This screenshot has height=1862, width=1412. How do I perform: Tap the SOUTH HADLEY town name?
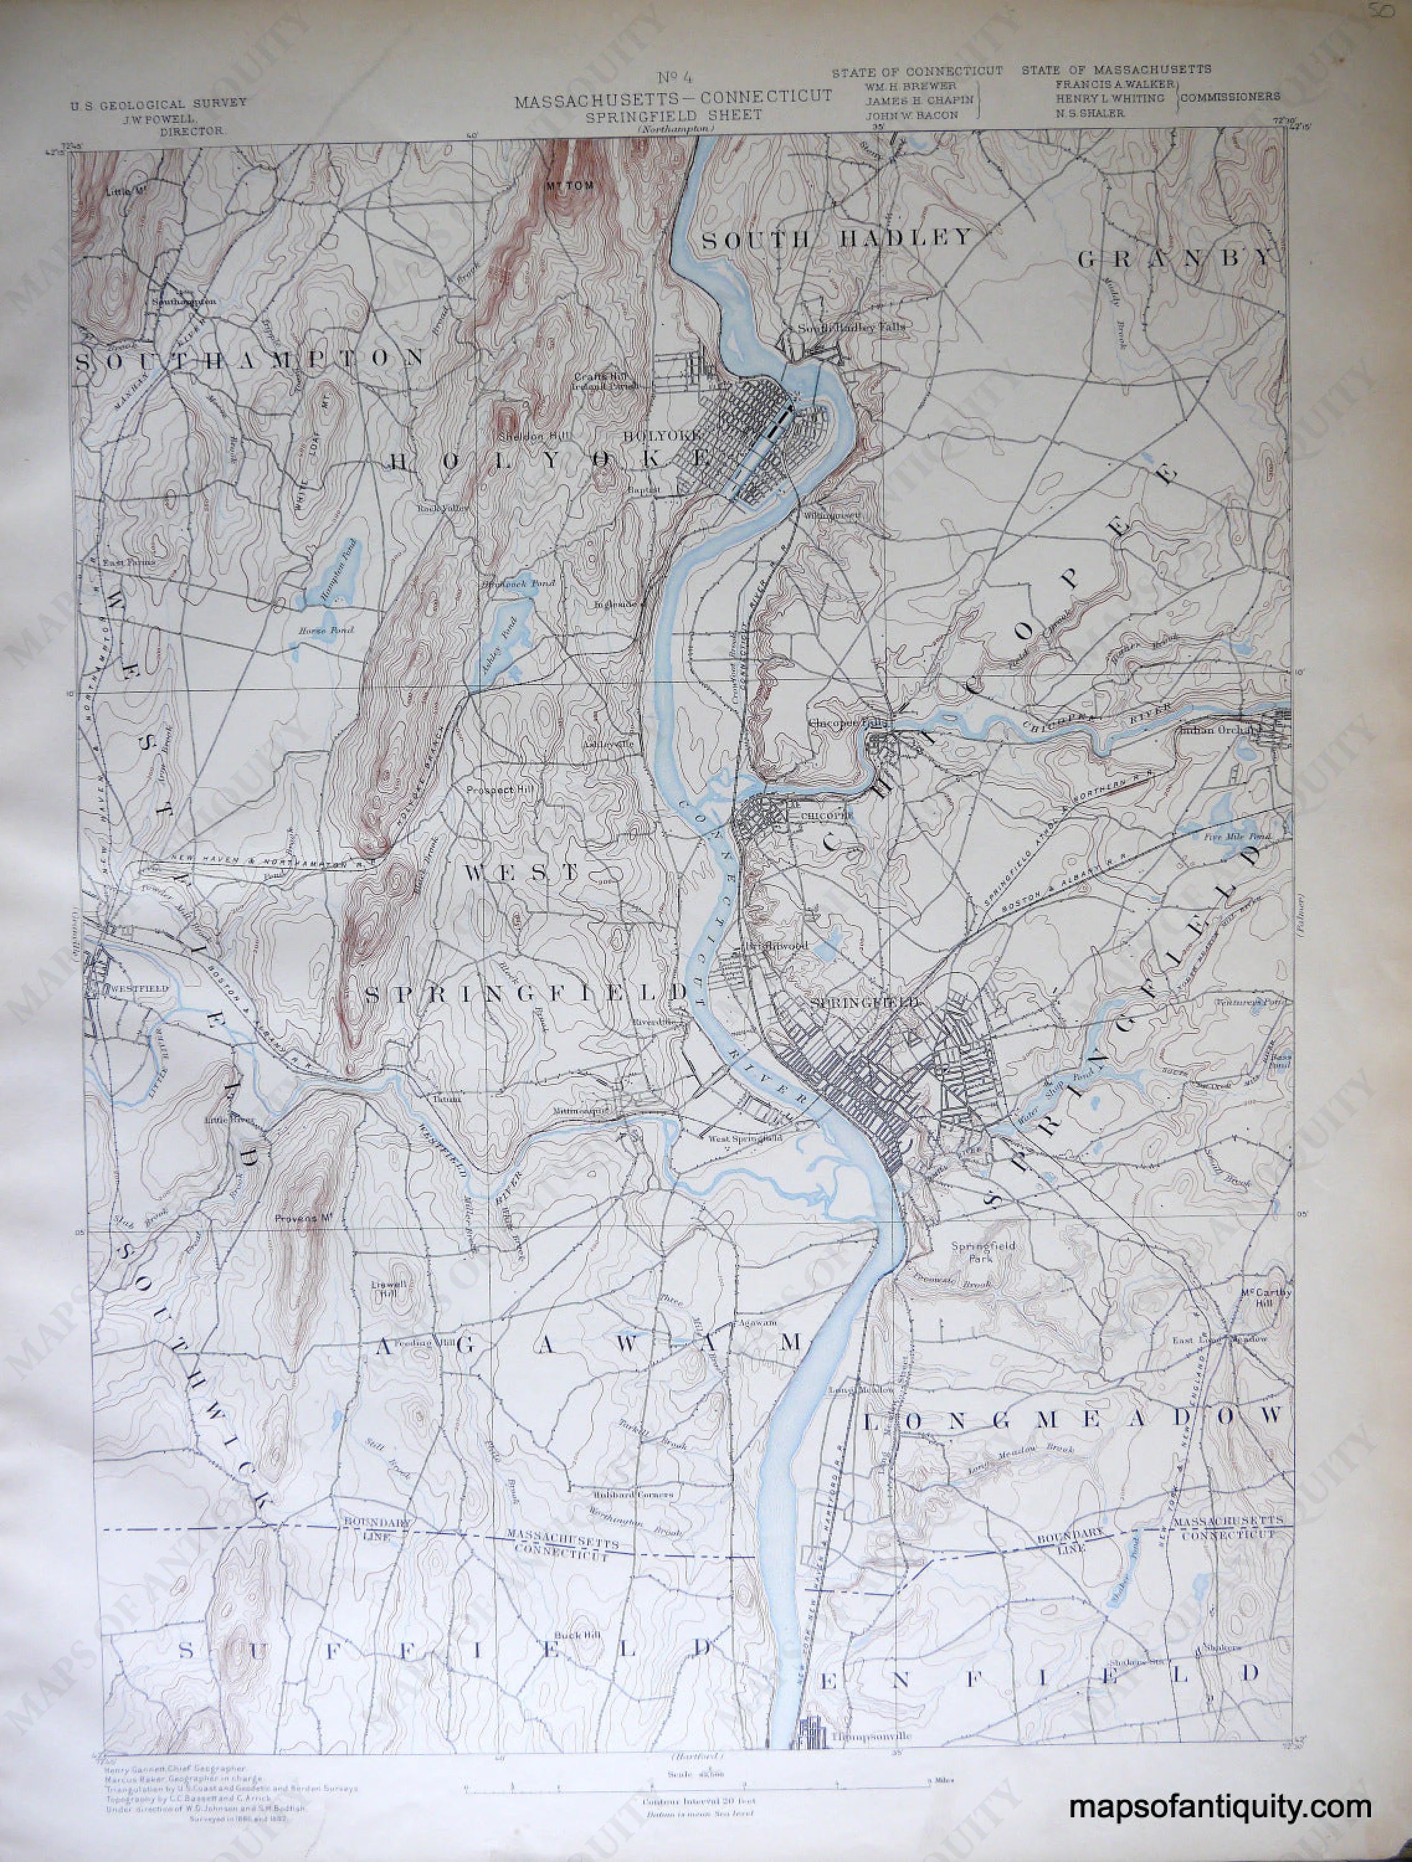pyautogui.click(x=837, y=239)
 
